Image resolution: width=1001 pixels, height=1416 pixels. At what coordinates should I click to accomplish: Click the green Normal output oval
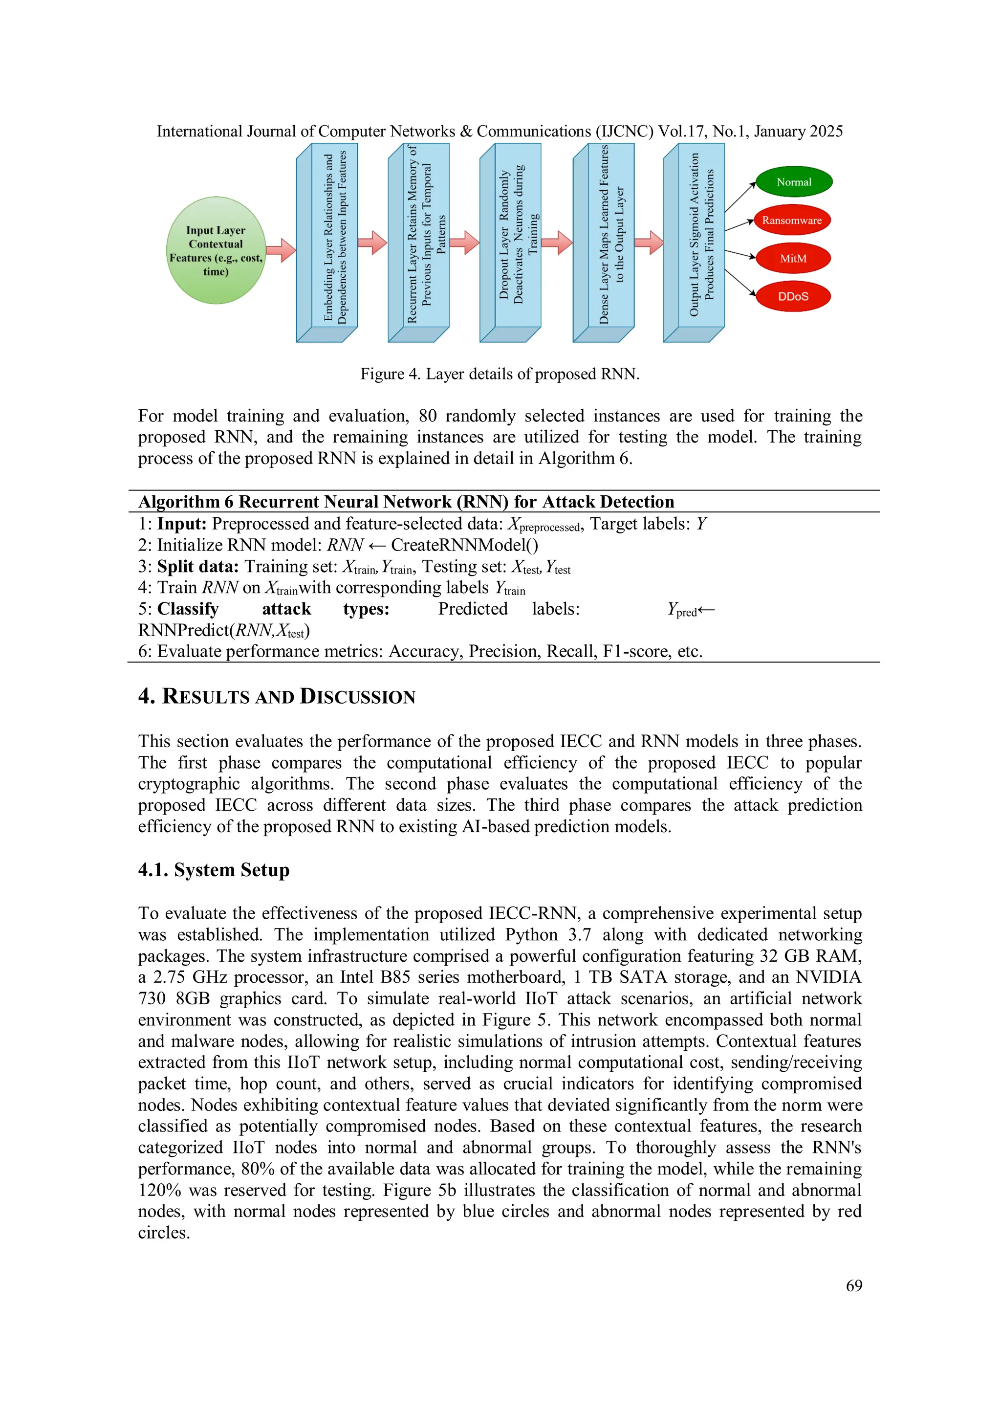(x=793, y=182)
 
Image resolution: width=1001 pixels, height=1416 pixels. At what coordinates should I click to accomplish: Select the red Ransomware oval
(x=791, y=220)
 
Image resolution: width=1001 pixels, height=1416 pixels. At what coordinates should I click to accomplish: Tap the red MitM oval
(x=793, y=258)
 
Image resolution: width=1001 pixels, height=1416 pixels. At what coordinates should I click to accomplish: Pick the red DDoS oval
(x=793, y=297)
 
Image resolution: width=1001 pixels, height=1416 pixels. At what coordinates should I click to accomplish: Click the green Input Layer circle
(x=216, y=250)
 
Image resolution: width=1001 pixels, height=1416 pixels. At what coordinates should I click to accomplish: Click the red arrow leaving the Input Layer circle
(x=281, y=250)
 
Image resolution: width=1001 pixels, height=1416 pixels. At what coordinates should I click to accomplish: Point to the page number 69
(x=854, y=1285)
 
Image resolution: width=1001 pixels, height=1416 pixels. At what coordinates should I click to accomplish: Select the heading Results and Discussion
(x=277, y=696)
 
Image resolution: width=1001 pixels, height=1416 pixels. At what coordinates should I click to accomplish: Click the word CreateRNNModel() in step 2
(x=464, y=545)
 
